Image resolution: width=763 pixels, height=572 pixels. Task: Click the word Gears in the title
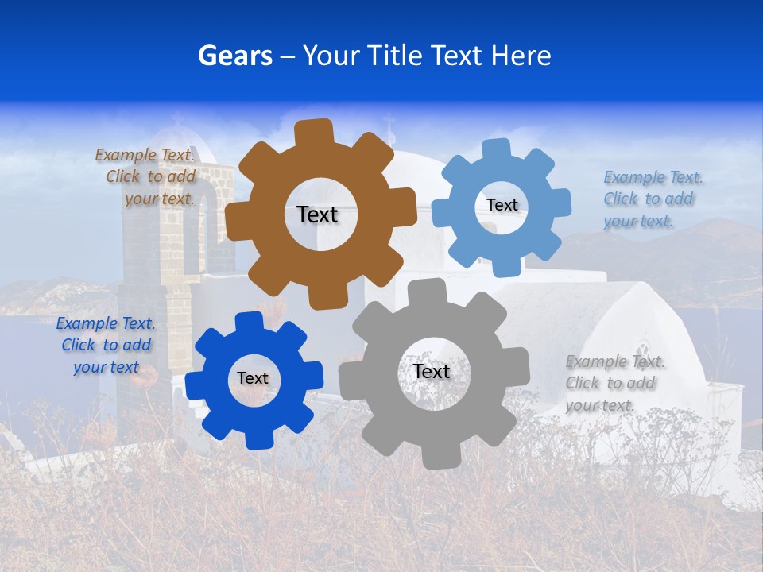pos(234,56)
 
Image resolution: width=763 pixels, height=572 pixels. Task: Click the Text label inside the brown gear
pos(317,214)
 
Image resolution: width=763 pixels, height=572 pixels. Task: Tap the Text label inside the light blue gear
pos(502,205)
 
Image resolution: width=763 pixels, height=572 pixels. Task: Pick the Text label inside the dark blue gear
pos(253,378)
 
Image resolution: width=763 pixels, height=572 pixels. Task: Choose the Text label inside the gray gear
pos(432,371)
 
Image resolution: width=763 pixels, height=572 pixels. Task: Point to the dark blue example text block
pos(105,345)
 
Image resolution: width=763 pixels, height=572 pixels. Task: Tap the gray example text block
pos(614,383)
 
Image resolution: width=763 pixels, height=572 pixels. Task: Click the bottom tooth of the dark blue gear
pos(255,439)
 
